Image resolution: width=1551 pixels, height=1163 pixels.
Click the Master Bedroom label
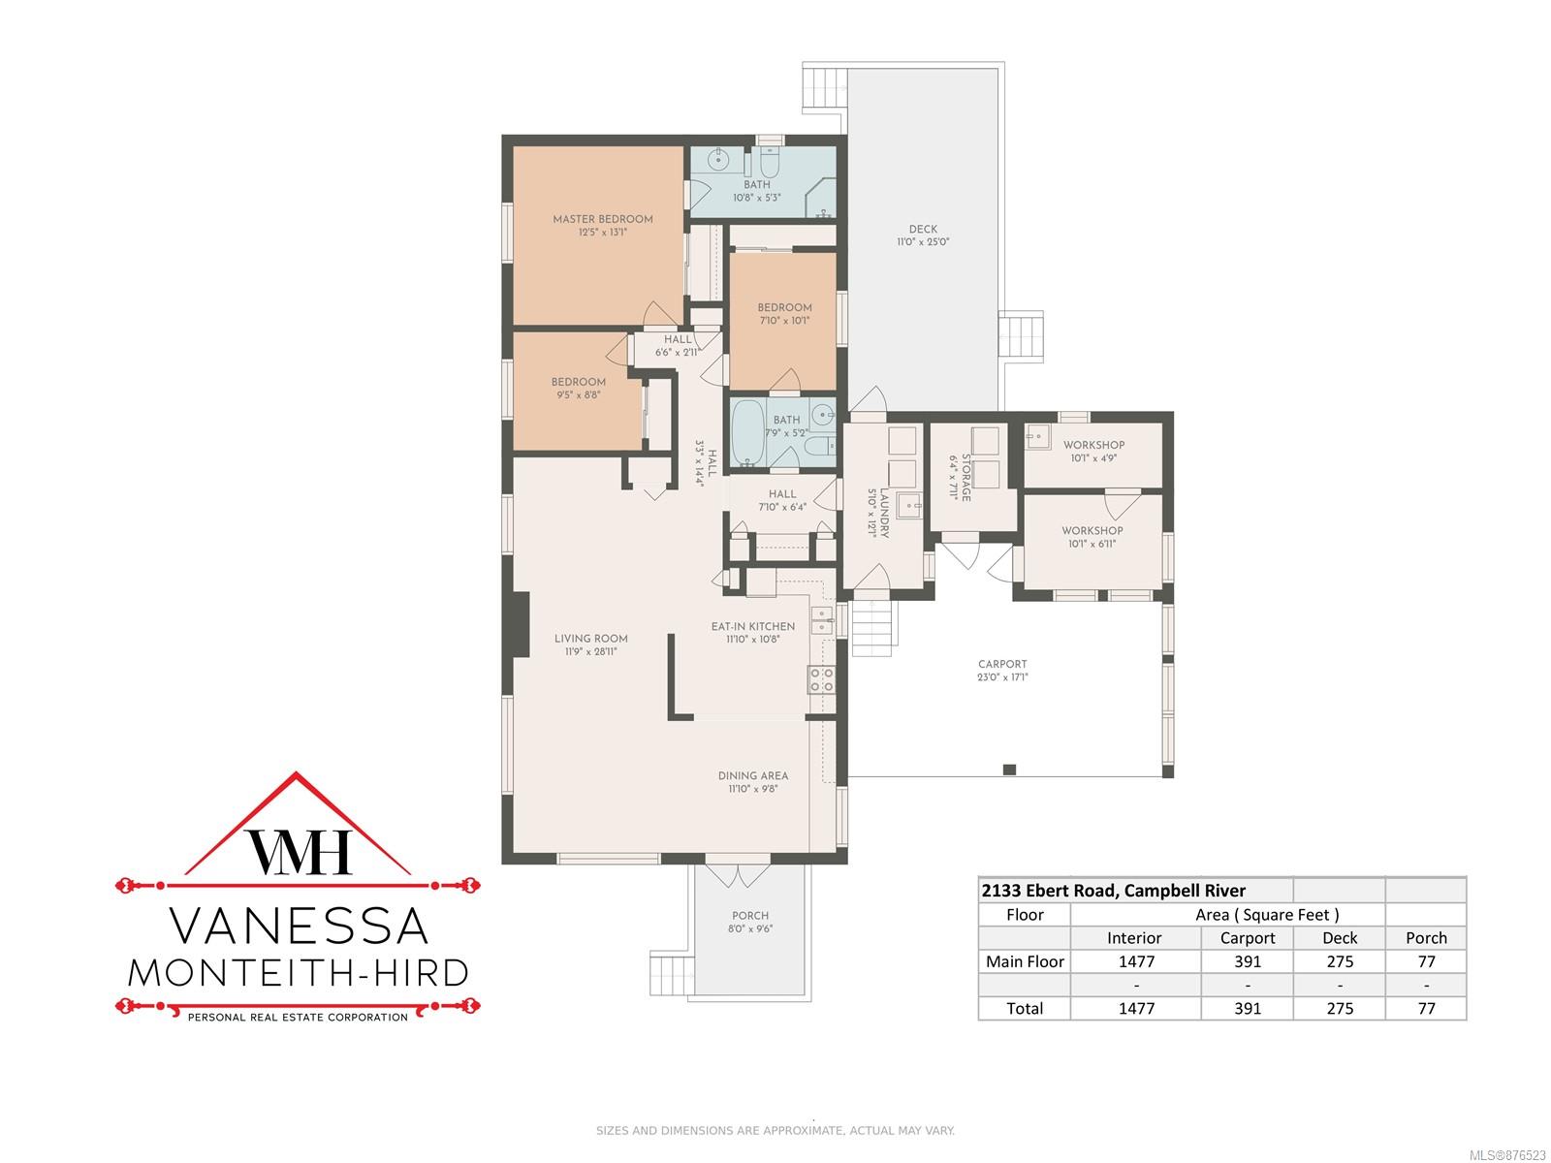603,219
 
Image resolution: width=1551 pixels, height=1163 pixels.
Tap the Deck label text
923,229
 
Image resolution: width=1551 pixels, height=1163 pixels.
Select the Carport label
1002,664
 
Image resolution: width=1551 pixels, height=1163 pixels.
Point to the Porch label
749,915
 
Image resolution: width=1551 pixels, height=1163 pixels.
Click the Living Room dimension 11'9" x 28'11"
590,651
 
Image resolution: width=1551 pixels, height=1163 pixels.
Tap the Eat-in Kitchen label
752,626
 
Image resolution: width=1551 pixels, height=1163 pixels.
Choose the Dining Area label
752,775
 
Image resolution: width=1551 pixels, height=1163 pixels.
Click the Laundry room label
884,514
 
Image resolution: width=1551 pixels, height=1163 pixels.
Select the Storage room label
965,478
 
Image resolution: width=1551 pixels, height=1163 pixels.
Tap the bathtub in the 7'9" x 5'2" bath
746,433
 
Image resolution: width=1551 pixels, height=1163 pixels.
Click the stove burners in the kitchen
822,679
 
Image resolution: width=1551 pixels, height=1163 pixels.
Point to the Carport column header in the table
1248,938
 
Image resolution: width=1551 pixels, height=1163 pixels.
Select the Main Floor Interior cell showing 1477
1136,961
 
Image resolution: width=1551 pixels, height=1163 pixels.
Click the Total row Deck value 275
1340,1008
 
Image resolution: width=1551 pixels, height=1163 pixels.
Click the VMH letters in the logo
299,851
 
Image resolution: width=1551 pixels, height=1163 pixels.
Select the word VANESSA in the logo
299,927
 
